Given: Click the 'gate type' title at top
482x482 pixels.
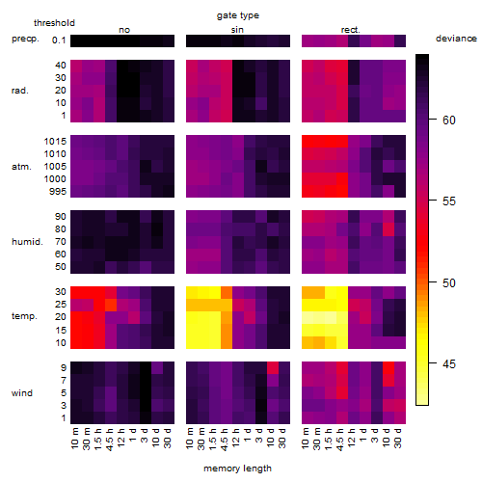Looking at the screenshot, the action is (x=238, y=15).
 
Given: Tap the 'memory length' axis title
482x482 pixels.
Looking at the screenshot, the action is (x=237, y=469).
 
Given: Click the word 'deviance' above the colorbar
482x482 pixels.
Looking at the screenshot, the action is (x=456, y=39).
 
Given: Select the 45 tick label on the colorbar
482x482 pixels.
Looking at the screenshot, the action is (x=449, y=363).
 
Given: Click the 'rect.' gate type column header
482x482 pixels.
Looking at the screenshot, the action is (x=350, y=30).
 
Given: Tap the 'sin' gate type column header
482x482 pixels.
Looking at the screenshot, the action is (x=237, y=30).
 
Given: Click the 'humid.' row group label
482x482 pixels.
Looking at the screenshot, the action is (x=27, y=242).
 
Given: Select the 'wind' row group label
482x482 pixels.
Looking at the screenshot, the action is (x=22, y=393).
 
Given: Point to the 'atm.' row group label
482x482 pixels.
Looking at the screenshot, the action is (x=21, y=167).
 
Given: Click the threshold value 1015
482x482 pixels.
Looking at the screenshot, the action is (x=55, y=142).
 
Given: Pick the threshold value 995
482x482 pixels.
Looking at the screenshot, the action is (x=58, y=192).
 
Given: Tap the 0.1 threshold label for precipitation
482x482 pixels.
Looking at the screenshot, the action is (x=59, y=40).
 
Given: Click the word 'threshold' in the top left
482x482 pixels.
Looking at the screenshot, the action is (x=54, y=23).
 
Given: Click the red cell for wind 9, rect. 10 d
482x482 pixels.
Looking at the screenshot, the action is (x=388, y=367).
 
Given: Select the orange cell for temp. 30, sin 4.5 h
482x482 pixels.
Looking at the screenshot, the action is (x=227, y=292).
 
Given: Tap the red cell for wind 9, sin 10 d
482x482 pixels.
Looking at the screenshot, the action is (x=273, y=367).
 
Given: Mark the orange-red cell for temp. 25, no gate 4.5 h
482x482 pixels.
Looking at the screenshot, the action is (x=111, y=305).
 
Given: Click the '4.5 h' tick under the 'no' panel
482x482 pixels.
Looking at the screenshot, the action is (x=110, y=439).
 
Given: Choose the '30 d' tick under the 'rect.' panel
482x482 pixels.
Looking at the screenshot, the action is (x=398, y=438).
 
